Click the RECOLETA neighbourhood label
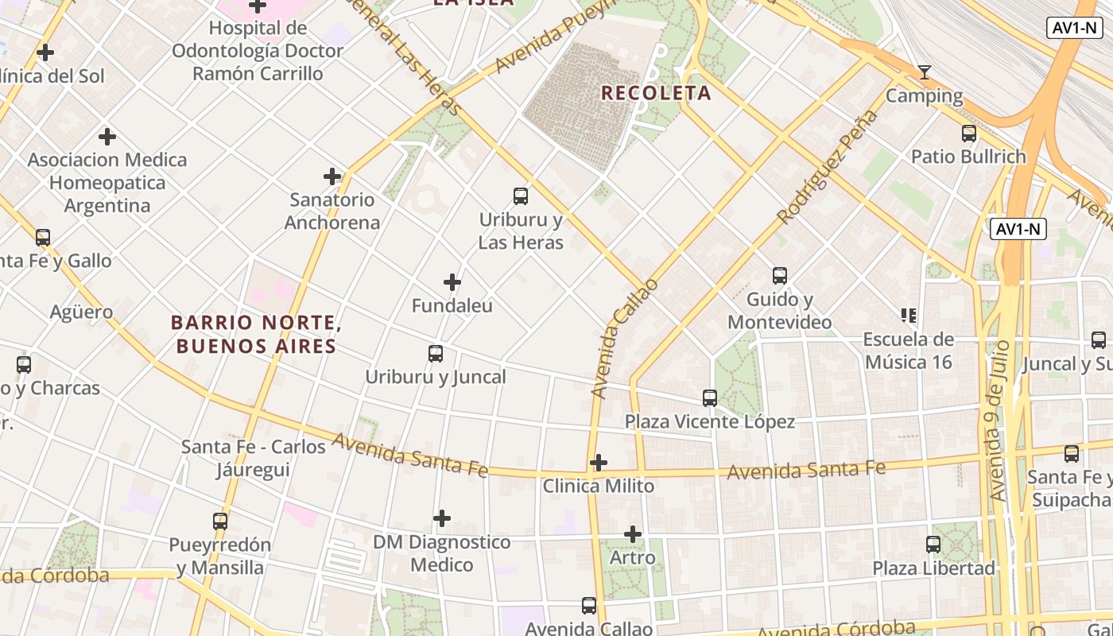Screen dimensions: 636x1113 (656, 93)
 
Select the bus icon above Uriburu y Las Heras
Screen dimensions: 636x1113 (521, 196)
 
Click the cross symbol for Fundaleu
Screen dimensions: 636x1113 (452, 282)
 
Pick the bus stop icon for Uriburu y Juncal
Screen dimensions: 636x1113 (436, 354)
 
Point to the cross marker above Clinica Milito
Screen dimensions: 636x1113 (599, 463)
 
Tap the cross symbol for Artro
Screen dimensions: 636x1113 (633, 534)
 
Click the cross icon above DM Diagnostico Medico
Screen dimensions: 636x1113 (442, 519)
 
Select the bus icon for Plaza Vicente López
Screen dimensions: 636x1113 (710, 398)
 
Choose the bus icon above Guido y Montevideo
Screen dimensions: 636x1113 (780, 276)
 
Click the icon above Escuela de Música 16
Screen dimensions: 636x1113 (909, 316)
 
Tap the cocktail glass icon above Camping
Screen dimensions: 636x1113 (924, 73)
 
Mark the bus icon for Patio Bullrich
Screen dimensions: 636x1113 (969, 134)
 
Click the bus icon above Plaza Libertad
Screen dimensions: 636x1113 (933, 545)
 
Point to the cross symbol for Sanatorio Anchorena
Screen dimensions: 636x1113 (332, 176)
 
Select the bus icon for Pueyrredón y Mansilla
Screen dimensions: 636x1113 (220, 522)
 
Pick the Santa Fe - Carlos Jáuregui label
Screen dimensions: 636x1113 (254, 458)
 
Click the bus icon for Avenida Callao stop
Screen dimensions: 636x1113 (589, 606)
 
